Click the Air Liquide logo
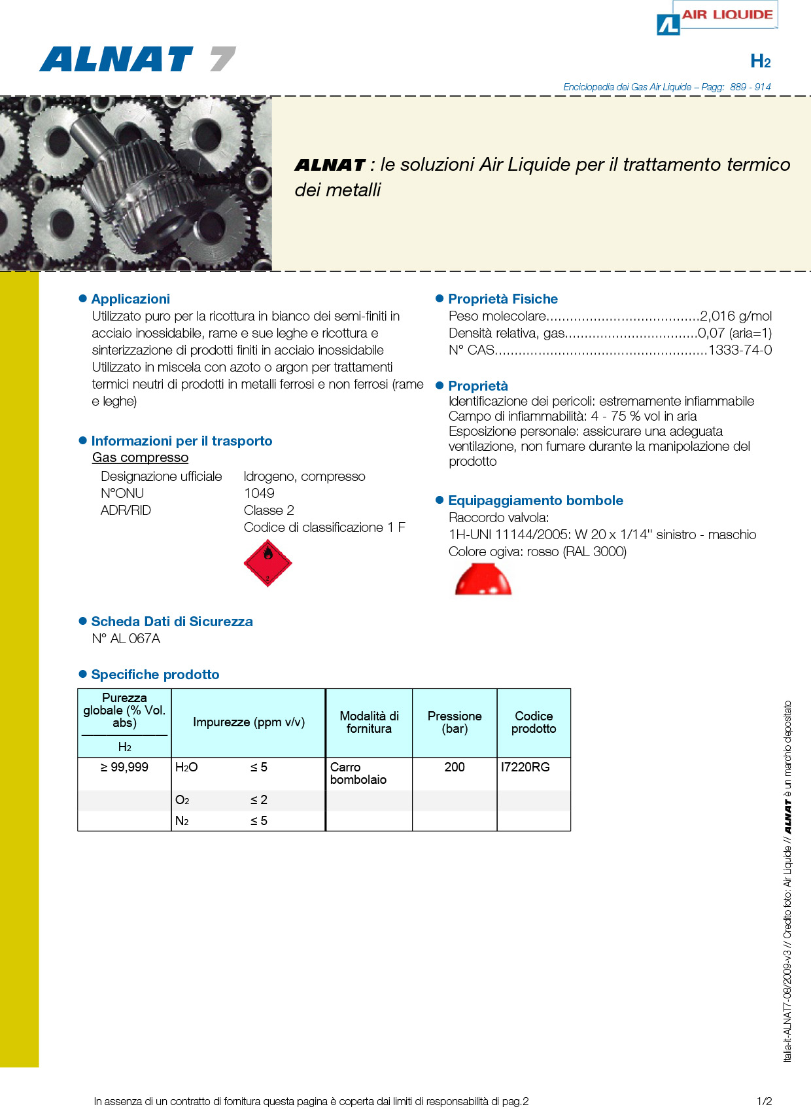(717, 18)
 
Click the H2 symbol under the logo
(760, 62)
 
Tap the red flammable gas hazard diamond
(267, 563)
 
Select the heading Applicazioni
(130, 299)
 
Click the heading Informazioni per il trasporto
(181, 441)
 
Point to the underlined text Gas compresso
(140, 457)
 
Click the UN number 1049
(259, 493)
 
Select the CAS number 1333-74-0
(740, 350)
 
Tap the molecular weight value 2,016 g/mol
(736, 316)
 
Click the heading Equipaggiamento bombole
(535, 501)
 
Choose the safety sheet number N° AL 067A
(126, 639)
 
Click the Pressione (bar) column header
(455, 722)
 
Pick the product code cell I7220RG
(525, 767)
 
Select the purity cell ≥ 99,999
(124, 767)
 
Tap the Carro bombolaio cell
(358, 773)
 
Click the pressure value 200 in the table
(455, 767)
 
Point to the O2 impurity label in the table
(182, 800)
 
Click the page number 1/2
(764, 1101)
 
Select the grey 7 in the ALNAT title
(222, 60)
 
